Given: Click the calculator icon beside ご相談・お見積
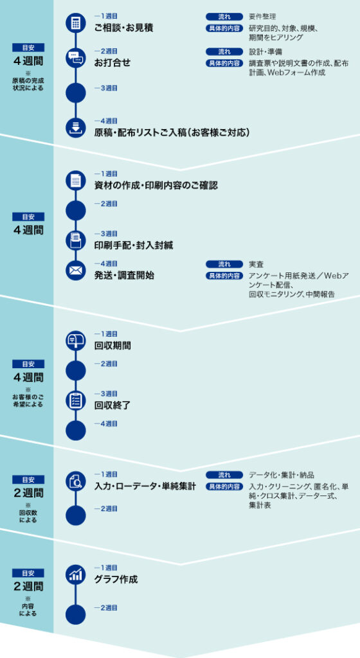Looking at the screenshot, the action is (x=75, y=23).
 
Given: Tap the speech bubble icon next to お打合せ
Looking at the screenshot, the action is (x=75, y=58).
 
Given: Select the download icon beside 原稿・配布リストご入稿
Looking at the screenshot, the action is (x=75, y=128).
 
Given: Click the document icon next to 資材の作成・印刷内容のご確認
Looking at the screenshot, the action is (x=75, y=181).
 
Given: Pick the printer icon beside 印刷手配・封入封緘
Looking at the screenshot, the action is (x=75, y=240).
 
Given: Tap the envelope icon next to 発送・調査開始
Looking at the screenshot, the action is (x=75, y=271).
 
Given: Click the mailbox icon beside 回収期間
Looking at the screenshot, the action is (x=75, y=341).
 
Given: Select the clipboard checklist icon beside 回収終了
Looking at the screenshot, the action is (x=75, y=401).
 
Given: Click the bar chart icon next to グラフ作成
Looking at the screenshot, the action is (x=75, y=575).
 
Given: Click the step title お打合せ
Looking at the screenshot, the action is (x=113, y=63).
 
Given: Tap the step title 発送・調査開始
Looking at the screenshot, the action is (x=124, y=276).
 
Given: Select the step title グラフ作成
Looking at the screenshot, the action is (x=116, y=580).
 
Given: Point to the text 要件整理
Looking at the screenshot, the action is (x=262, y=17).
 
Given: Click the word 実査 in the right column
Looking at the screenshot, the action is (x=255, y=264).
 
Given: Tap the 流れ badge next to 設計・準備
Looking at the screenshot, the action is (x=224, y=52).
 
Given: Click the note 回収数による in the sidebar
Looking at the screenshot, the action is (x=28, y=517).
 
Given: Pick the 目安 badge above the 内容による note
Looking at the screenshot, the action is (x=28, y=573).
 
